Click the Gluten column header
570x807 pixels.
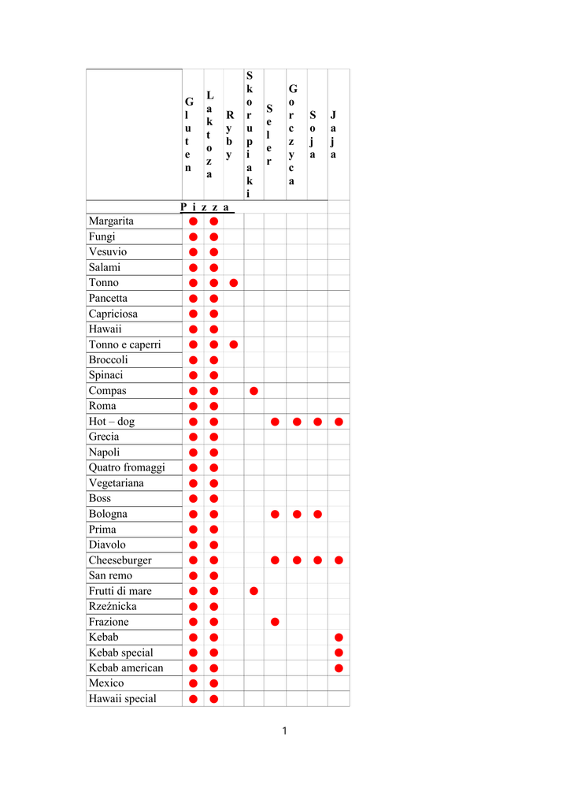tap(188, 134)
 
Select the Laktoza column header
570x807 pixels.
tap(209, 134)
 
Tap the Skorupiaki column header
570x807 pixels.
tap(250, 134)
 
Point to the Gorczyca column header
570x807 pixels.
tap(292, 134)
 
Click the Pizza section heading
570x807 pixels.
tap(205, 207)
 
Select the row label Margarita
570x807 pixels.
tap(111, 221)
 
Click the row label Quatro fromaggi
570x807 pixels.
tap(127, 467)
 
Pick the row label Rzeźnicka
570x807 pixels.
tap(113, 606)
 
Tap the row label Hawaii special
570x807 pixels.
tap(122, 698)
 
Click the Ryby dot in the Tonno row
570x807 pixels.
tap(234, 283)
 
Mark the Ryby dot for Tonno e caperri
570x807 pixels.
tap(234, 344)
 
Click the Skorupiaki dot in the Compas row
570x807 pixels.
tap(254, 391)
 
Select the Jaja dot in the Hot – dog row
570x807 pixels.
tap(339, 422)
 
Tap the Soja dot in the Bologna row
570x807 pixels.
tap(317, 514)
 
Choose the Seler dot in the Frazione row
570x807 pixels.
tap(275, 622)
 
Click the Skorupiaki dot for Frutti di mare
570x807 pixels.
tap(254, 591)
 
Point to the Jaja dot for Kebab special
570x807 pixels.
tap(339, 653)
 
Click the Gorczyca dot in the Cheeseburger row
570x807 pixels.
tap(297, 560)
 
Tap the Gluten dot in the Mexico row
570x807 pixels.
tap(193, 683)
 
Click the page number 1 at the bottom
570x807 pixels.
tap(284, 731)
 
